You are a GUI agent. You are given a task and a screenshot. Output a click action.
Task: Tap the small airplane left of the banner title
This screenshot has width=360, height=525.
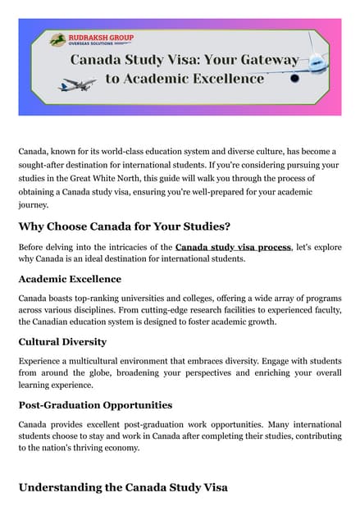[76, 84]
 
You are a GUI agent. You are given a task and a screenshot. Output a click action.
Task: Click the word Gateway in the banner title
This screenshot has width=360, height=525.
[266, 60]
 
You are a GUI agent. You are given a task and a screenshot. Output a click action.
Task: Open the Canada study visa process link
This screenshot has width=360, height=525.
[233, 246]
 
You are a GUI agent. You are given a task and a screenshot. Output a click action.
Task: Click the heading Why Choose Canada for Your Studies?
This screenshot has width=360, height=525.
[125, 226]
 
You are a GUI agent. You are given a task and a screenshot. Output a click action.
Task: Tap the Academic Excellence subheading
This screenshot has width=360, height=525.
[70, 279]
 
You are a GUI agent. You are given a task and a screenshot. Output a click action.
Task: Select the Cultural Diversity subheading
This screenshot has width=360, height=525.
[62, 341]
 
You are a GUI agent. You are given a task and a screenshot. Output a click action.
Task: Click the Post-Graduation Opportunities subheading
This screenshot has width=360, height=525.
[95, 404]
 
